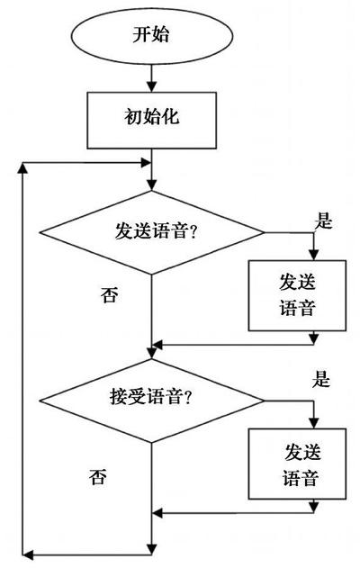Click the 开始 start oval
151,35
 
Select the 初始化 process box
152,121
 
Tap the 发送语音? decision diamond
152,232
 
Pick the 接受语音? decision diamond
152,401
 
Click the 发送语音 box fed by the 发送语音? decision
297,295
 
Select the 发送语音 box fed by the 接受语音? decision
297,464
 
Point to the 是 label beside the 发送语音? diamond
323,220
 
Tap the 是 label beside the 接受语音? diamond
321,379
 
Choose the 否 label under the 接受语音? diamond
98,476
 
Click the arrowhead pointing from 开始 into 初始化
152,86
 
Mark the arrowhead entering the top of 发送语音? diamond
152,185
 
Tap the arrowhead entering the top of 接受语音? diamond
152,354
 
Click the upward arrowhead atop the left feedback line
22,168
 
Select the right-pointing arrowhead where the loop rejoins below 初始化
146,162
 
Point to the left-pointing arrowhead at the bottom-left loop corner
28,554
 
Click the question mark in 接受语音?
187,398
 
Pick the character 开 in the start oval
141,35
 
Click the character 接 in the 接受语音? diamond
119,397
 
